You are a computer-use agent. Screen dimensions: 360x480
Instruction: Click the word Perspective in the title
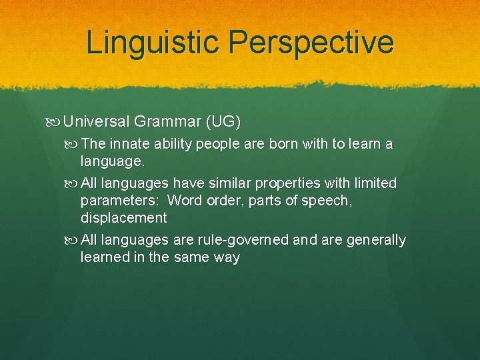(x=311, y=42)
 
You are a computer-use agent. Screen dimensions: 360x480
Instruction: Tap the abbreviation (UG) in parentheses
(x=223, y=122)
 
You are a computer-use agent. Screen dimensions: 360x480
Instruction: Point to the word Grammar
(x=167, y=122)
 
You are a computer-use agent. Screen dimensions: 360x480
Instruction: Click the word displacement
(x=123, y=217)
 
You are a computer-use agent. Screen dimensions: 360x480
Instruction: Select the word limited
(x=373, y=183)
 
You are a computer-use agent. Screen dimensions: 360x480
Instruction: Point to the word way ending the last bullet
(x=227, y=257)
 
